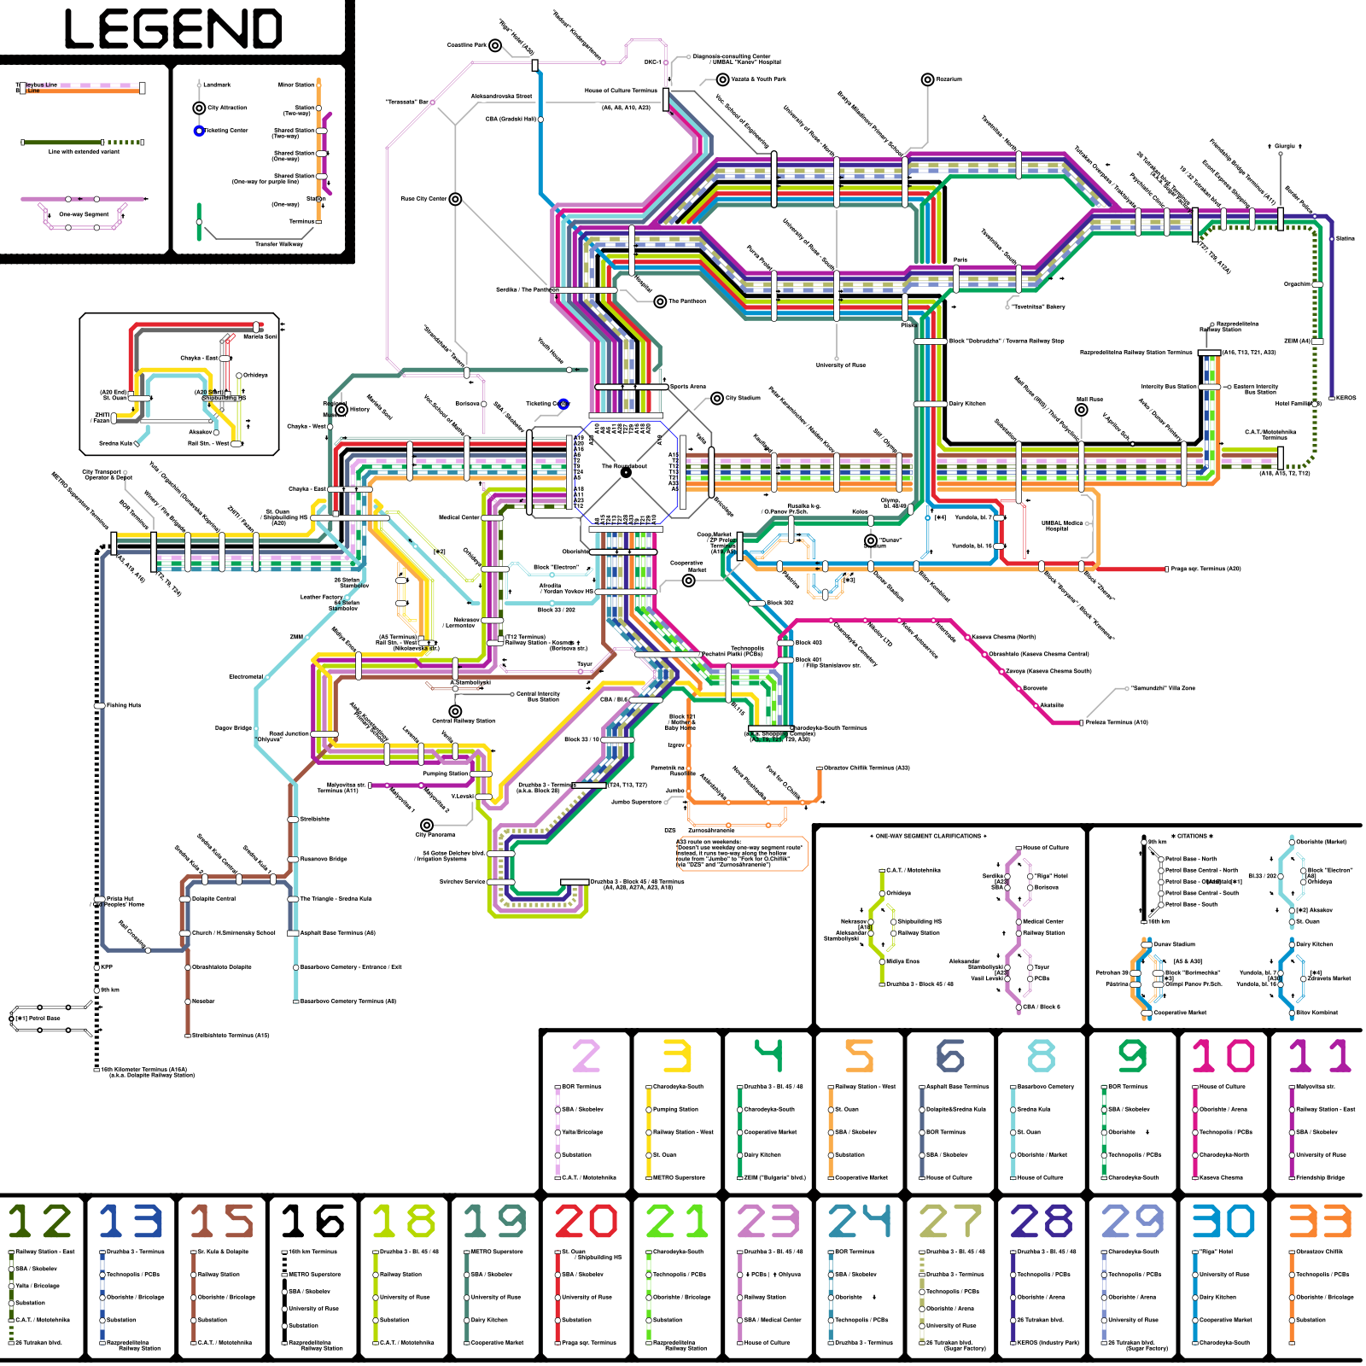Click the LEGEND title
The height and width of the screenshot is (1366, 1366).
pos(173,29)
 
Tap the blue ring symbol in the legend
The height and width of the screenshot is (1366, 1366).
pos(199,131)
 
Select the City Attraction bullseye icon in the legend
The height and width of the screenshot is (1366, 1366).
pos(199,108)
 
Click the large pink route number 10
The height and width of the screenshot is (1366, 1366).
pos(1223,1056)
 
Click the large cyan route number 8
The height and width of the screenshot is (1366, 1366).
pos(1041,1056)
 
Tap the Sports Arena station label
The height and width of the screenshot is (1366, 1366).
pos(687,387)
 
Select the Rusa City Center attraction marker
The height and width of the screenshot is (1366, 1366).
pos(455,199)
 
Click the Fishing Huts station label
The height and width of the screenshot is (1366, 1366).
pos(124,705)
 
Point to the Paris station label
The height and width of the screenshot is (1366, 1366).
pos(960,260)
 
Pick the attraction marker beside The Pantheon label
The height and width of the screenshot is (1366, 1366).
pos(660,301)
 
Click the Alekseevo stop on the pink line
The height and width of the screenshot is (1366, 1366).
pos(1052,705)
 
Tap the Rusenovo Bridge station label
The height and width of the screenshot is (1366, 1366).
pos(324,859)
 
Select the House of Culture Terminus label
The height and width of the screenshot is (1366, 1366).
pos(621,90)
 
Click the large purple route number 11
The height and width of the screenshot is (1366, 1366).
pos(1319,1056)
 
